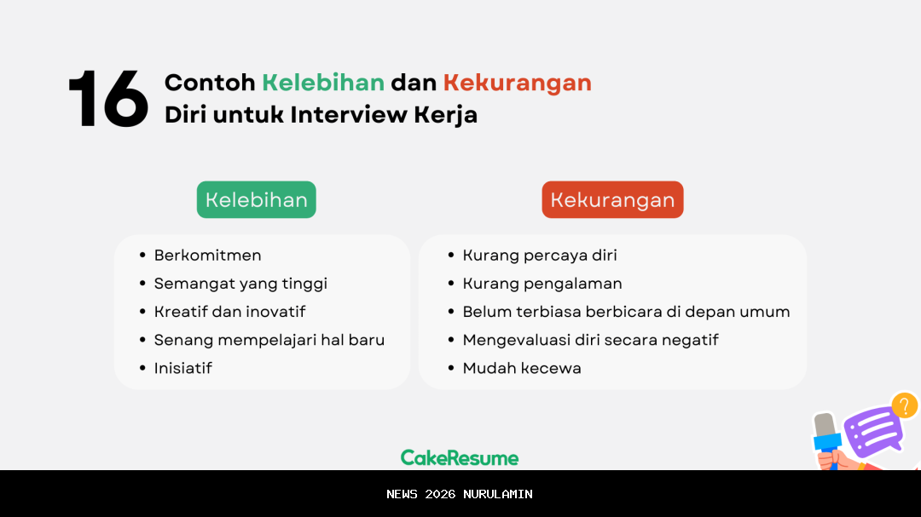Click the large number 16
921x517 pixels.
(x=108, y=100)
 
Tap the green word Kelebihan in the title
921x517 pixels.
(x=322, y=83)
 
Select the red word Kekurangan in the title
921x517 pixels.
(x=517, y=83)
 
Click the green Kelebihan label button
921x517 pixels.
(x=257, y=200)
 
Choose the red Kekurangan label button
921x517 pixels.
(x=612, y=200)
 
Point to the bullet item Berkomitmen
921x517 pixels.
(x=207, y=256)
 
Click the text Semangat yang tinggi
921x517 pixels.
(x=240, y=284)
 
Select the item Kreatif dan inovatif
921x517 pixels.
(x=229, y=312)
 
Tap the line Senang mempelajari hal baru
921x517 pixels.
(x=269, y=340)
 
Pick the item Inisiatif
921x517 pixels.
(x=182, y=368)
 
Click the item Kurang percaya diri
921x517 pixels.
(x=540, y=256)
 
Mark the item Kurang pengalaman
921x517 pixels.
(x=542, y=284)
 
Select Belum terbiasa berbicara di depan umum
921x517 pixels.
(x=626, y=312)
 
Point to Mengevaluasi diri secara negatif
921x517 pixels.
(x=590, y=340)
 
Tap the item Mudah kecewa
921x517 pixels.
(x=522, y=368)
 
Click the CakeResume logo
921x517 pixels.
(x=460, y=458)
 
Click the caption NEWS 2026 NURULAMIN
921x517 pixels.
(x=460, y=494)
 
